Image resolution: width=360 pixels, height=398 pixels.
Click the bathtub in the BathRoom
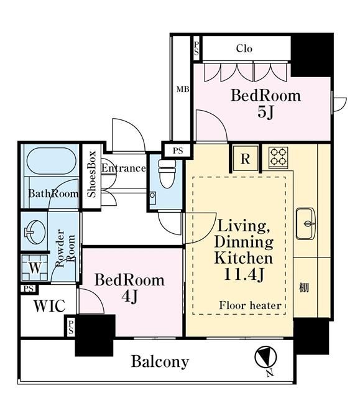click(52, 161)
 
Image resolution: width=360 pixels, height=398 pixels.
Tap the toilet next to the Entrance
click(167, 174)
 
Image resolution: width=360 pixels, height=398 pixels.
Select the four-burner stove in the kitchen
click(279, 157)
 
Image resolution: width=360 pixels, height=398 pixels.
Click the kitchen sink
click(306, 224)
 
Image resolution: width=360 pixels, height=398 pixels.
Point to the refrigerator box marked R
click(246, 159)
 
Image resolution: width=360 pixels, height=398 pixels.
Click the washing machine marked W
click(35, 267)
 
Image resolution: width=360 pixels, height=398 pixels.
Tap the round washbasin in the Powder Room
click(35, 232)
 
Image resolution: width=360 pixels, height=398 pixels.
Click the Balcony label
click(160, 361)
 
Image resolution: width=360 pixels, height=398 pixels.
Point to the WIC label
click(50, 306)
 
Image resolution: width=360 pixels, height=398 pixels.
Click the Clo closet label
click(244, 49)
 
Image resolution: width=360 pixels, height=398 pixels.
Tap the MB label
click(183, 90)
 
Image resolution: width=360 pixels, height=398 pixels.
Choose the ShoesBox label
click(91, 174)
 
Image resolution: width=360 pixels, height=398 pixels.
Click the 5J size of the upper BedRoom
click(265, 112)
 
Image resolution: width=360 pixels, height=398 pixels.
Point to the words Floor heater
click(250, 305)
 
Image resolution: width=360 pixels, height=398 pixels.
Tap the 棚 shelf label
click(304, 288)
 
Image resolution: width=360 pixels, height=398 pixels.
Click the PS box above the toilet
click(178, 150)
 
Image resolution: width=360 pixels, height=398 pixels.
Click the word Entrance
click(124, 169)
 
